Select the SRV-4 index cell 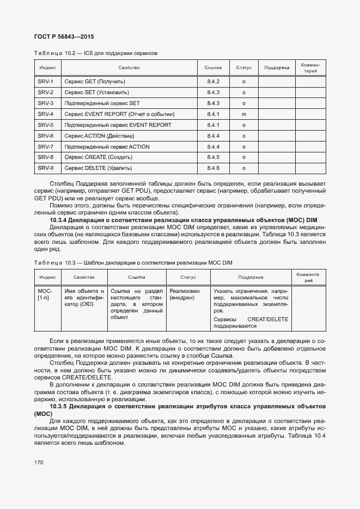pyautogui.click(x=46, y=114)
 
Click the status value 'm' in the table pyautogui.click(x=243, y=114)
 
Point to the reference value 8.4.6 pyautogui.click(x=213, y=168)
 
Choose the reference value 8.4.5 pyautogui.click(x=213, y=157)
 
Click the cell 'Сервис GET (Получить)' pyautogui.click(x=95, y=82)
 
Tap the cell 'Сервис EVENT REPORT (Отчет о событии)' pyautogui.click(x=119, y=114)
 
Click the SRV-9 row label pyautogui.click(x=46, y=168)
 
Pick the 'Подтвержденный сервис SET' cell pyautogui.click(x=102, y=103)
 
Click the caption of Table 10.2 pyautogui.click(x=96, y=54)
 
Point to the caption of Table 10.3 pyautogui.click(x=133, y=263)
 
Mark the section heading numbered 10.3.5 pyautogui.click(x=180, y=410)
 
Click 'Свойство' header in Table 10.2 pyautogui.click(x=129, y=68)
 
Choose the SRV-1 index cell pyautogui.click(x=46, y=82)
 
